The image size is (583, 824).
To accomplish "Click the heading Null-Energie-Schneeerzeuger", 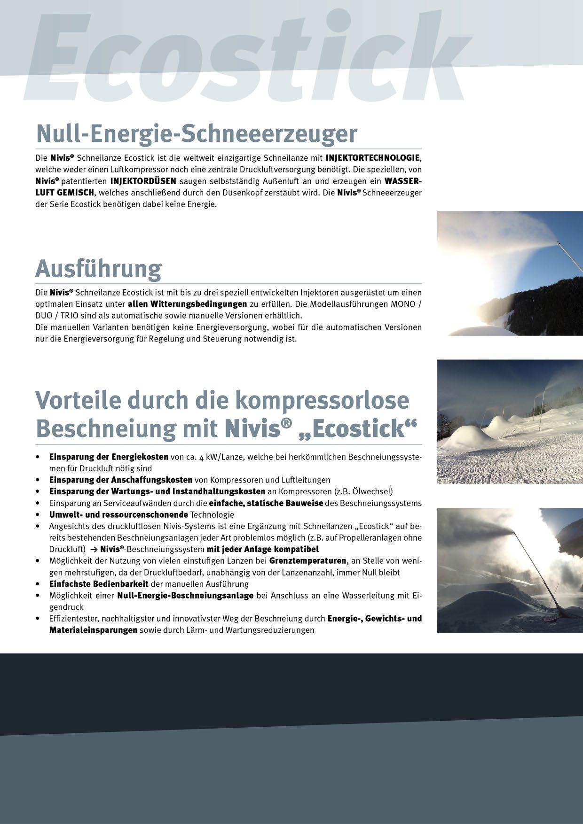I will coord(197,133).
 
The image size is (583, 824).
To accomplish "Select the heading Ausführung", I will coord(98,269).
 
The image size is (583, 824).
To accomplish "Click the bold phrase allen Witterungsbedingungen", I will coord(187,303).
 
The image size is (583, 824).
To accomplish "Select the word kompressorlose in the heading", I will coord(322,400).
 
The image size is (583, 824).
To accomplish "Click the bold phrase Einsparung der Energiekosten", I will coord(109,457).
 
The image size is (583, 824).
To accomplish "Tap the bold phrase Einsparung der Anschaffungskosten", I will coord(121,480).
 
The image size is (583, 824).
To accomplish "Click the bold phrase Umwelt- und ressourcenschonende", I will coord(118,514).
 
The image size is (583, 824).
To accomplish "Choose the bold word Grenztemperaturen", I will coord(308,561).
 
